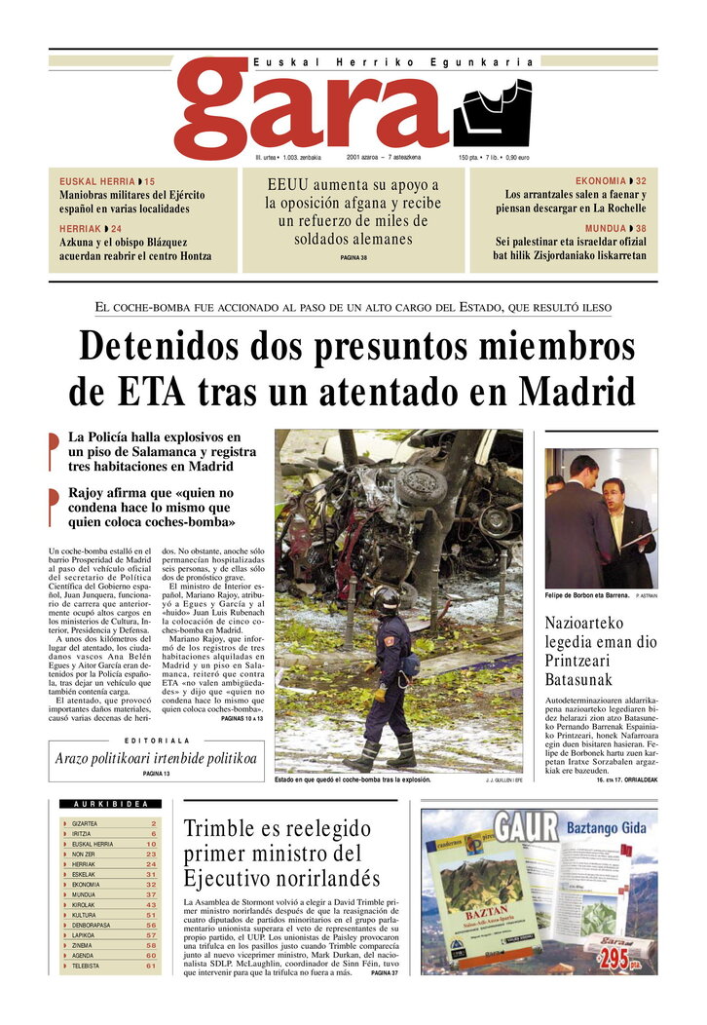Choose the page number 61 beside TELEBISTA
(151, 967)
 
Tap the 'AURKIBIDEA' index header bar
(111, 804)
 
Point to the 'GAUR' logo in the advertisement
(527, 827)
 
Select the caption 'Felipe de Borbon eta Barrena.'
(586, 594)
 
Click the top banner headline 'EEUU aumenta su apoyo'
(353, 211)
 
